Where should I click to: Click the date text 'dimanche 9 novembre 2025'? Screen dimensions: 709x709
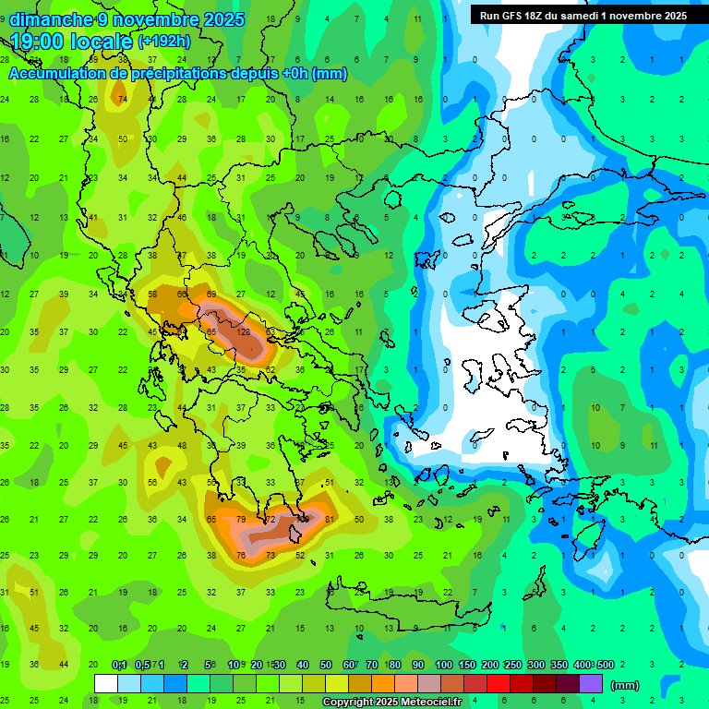(x=127, y=19)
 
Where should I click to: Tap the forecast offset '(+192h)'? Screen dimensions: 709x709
(x=164, y=42)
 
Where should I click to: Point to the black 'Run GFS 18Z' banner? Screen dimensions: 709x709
(x=583, y=15)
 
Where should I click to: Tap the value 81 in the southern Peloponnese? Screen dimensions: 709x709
(x=330, y=520)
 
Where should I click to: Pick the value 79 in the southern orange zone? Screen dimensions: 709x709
(x=242, y=520)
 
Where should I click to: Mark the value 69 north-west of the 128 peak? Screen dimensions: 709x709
(x=212, y=294)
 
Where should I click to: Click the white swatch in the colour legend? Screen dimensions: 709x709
(x=106, y=684)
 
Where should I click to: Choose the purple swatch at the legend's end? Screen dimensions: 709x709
(x=591, y=684)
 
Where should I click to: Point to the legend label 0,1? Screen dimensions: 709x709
(x=119, y=666)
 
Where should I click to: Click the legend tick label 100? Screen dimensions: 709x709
(x=444, y=666)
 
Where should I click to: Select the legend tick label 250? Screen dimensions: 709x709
(x=512, y=666)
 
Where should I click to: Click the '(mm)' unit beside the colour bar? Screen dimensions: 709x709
(x=625, y=685)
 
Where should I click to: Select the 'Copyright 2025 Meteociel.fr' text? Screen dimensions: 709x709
(x=392, y=703)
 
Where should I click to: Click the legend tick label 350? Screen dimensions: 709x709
(x=559, y=666)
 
